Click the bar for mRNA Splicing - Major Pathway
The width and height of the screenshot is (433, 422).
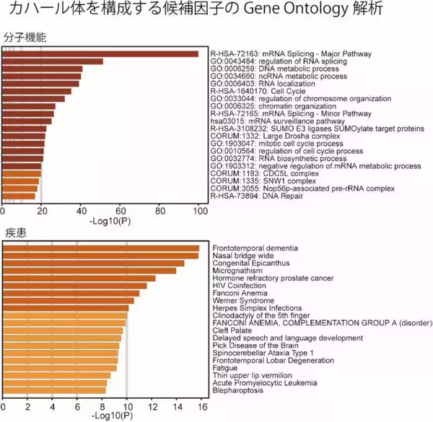click(101, 54)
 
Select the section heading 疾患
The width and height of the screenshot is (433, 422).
click(14, 233)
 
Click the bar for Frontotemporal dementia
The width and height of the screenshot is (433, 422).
click(101, 249)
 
